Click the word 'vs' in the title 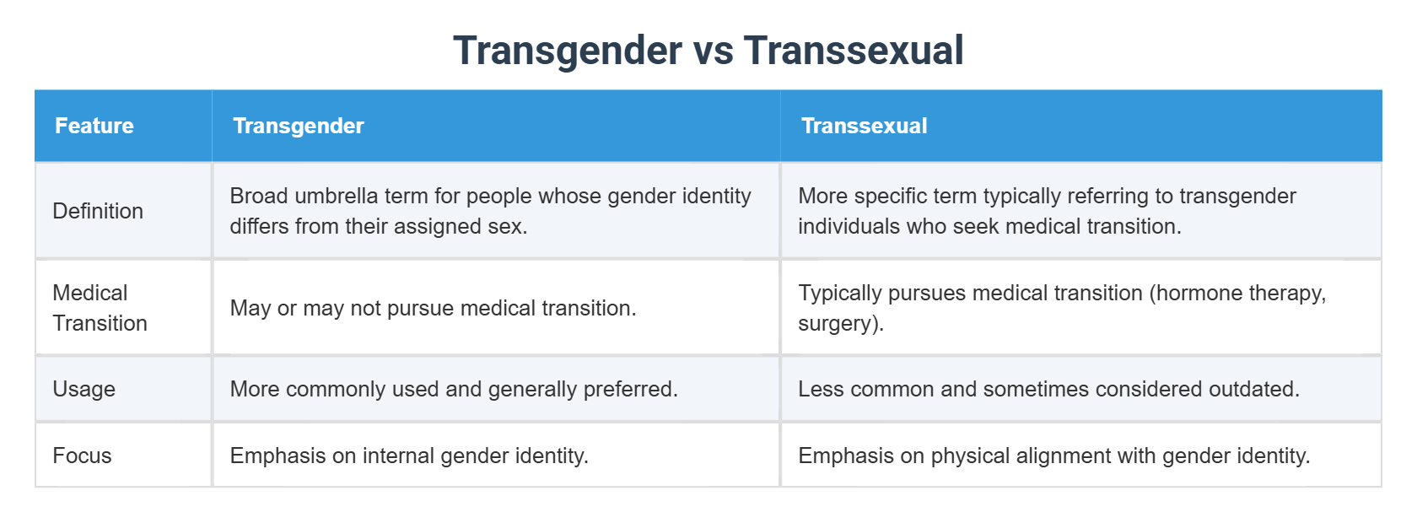click(713, 51)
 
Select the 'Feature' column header click(94, 126)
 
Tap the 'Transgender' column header click(299, 126)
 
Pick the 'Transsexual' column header click(864, 126)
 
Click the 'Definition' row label click(98, 211)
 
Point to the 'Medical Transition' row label click(100, 308)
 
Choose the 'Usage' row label click(84, 389)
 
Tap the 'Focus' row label click(82, 456)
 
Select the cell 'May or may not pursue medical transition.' click(433, 308)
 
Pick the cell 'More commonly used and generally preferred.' click(454, 389)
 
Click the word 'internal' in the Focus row click(397, 456)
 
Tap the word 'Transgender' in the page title click(567, 51)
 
